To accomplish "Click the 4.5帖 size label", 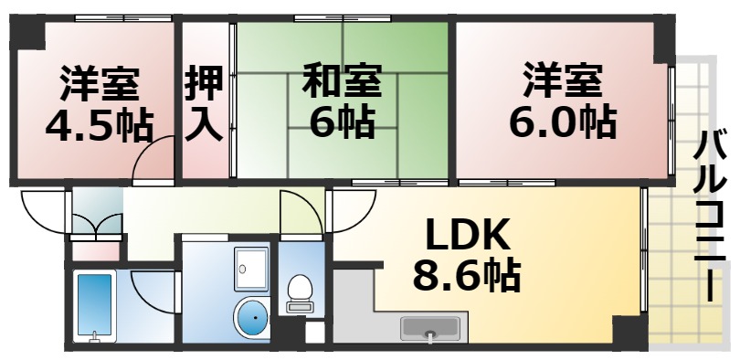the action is (100, 125).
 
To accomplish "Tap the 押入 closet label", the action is (205, 104).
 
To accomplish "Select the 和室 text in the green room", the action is (341, 80).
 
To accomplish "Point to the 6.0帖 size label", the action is (562, 120).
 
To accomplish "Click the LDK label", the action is (466, 235).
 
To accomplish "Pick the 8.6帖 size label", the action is (466, 274).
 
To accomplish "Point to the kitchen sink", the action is (434, 329).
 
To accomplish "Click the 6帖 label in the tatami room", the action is (341, 122).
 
